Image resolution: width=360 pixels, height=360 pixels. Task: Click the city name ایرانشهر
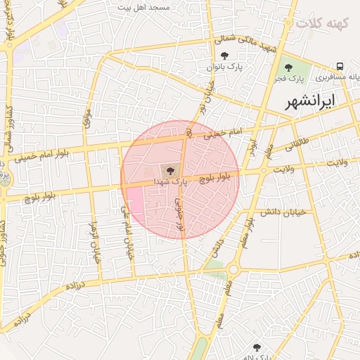tap(310, 101)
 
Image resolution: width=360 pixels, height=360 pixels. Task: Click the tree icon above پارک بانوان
tap(224, 56)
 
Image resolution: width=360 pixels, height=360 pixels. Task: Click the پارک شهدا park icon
tap(169, 170)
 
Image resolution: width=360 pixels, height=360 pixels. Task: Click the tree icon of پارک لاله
tap(256, 347)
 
